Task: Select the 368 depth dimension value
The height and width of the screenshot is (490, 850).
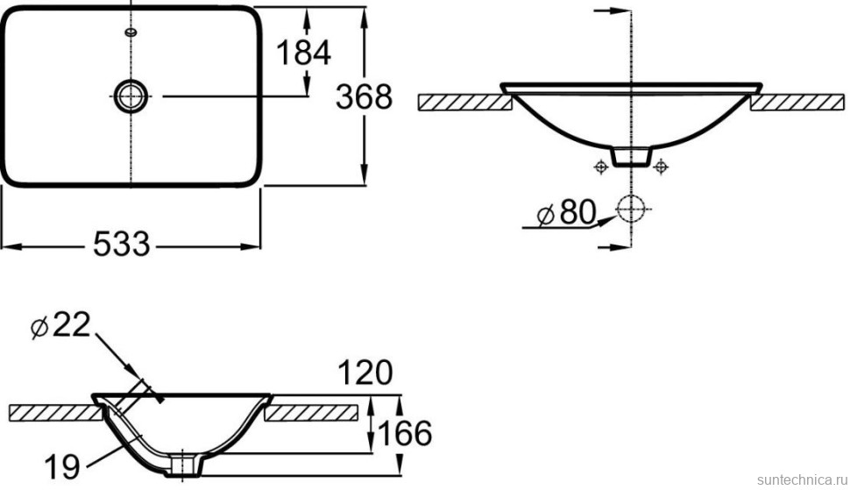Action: click(x=364, y=97)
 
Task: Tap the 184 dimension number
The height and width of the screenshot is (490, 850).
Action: click(x=303, y=53)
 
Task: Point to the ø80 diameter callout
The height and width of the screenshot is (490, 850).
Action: click(x=566, y=212)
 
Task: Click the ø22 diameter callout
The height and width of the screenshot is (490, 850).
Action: click(x=60, y=326)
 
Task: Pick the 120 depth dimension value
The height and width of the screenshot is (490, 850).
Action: click(x=365, y=373)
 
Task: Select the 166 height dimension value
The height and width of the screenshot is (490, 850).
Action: click(x=404, y=433)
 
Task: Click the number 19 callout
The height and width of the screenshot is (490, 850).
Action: click(x=62, y=466)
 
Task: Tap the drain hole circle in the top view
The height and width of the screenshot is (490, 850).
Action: click(x=130, y=96)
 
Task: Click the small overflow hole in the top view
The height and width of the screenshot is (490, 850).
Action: click(x=131, y=32)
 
